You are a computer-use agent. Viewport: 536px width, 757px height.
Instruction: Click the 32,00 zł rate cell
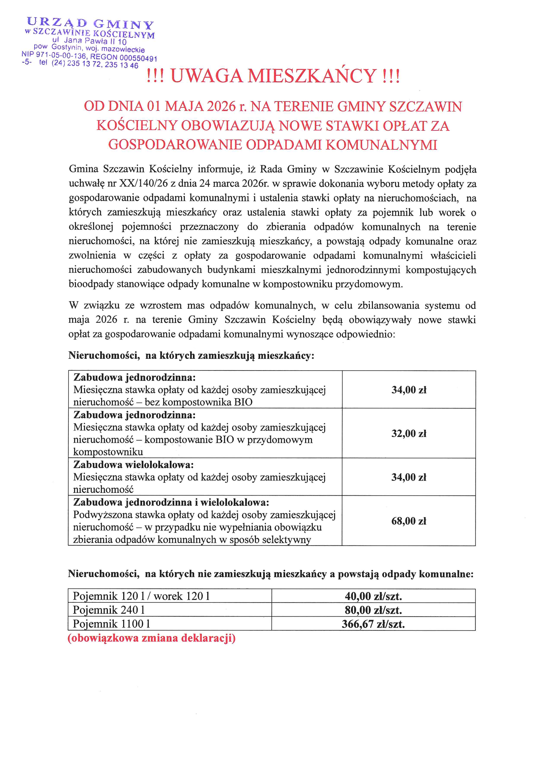point(409,433)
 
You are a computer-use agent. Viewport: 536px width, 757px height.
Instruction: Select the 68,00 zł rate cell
point(409,521)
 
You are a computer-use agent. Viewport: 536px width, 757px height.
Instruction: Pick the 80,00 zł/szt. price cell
point(373,610)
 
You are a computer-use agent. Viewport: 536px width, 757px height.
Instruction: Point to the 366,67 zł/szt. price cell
point(373,624)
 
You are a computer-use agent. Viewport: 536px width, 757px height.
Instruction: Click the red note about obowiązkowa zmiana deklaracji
point(152,638)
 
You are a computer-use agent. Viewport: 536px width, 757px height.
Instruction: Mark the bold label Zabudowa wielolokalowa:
point(133,465)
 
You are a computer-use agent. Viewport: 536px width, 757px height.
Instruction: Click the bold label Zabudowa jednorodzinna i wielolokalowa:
point(171,502)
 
